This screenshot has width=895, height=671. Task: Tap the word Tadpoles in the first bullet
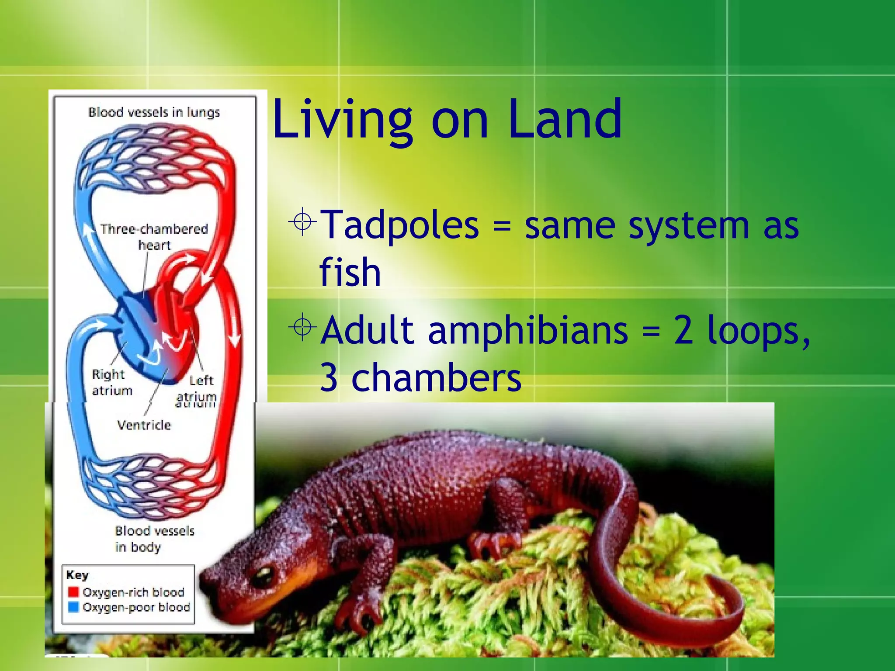399,225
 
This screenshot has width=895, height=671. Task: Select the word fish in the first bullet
350,272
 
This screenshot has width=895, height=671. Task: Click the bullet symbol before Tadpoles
302,221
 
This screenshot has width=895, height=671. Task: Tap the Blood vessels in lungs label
154,112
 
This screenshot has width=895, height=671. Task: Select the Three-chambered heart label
154,236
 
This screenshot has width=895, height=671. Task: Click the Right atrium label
111,382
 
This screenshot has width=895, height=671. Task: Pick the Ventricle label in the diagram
144,425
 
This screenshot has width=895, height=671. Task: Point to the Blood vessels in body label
154,538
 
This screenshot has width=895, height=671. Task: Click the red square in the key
73,592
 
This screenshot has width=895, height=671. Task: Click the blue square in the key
73,607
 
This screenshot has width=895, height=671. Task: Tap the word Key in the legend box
77,575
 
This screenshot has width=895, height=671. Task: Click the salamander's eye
264,576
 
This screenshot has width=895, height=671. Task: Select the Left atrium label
199,388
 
